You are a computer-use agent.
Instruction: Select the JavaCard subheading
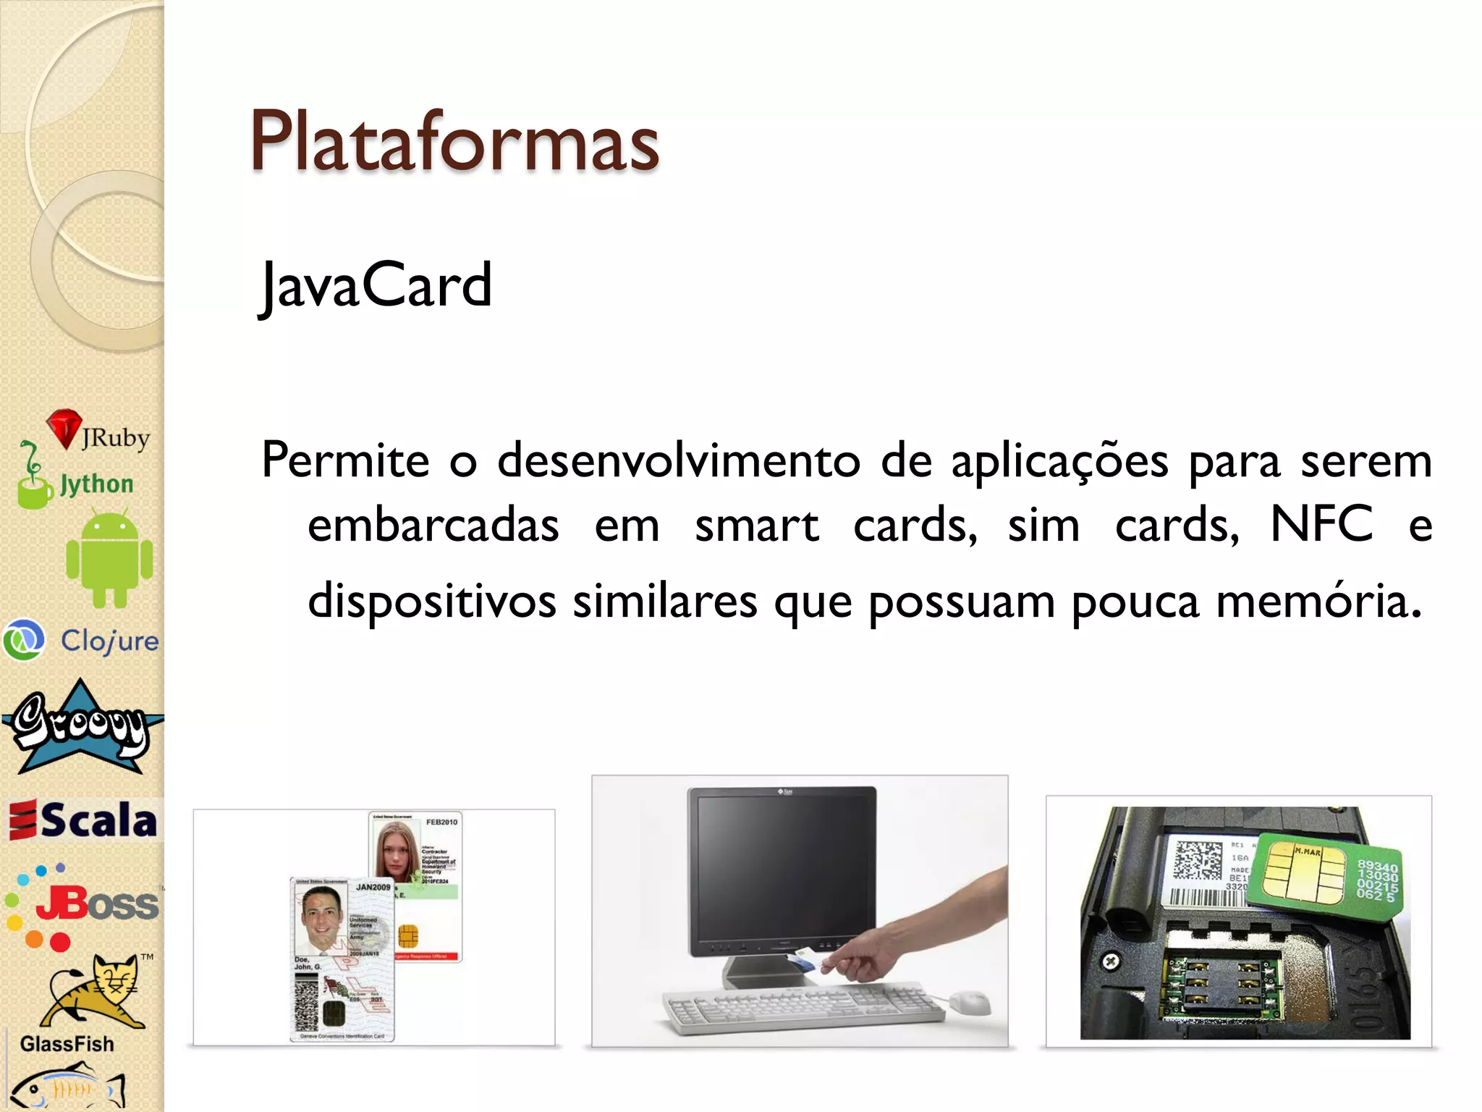[x=376, y=285]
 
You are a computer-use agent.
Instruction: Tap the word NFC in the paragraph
[x=1321, y=523]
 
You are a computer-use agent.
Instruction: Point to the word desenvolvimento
[x=679, y=460]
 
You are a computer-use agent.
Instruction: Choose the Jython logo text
[x=96, y=484]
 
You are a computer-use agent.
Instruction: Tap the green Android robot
[x=109, y=558]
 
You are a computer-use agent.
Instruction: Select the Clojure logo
[x=81, y=640]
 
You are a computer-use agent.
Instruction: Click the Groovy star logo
[x=81, y=728]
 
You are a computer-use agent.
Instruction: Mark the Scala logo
[x=83, y=820]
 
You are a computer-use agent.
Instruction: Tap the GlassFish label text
[x=67, y=1044]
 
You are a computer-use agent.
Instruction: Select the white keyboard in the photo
[x=803, y=1006]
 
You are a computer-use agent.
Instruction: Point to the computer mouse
[x=970, y=1003]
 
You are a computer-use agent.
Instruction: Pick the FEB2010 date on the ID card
[x=441, y=822]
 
